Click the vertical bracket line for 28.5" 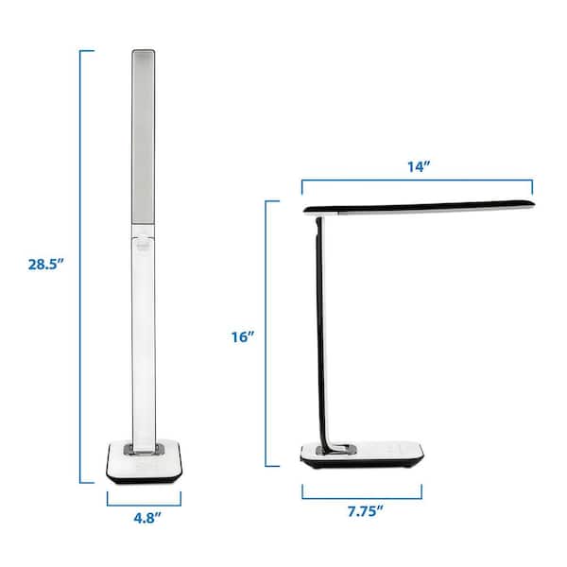point(82,265)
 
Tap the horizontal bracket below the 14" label point(417,181)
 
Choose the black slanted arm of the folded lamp point(321,331)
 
